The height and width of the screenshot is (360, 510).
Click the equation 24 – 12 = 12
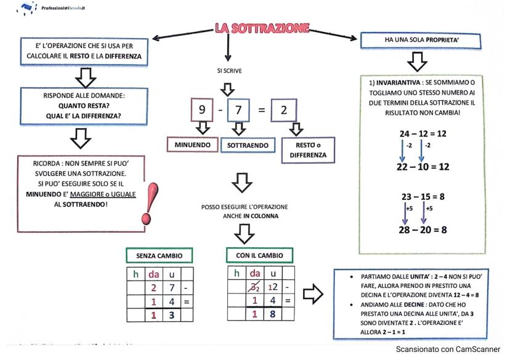coord(423,133)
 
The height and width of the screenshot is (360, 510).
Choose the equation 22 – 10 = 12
coord(423,167)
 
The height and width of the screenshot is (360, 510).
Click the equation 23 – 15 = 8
coord(423,197)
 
